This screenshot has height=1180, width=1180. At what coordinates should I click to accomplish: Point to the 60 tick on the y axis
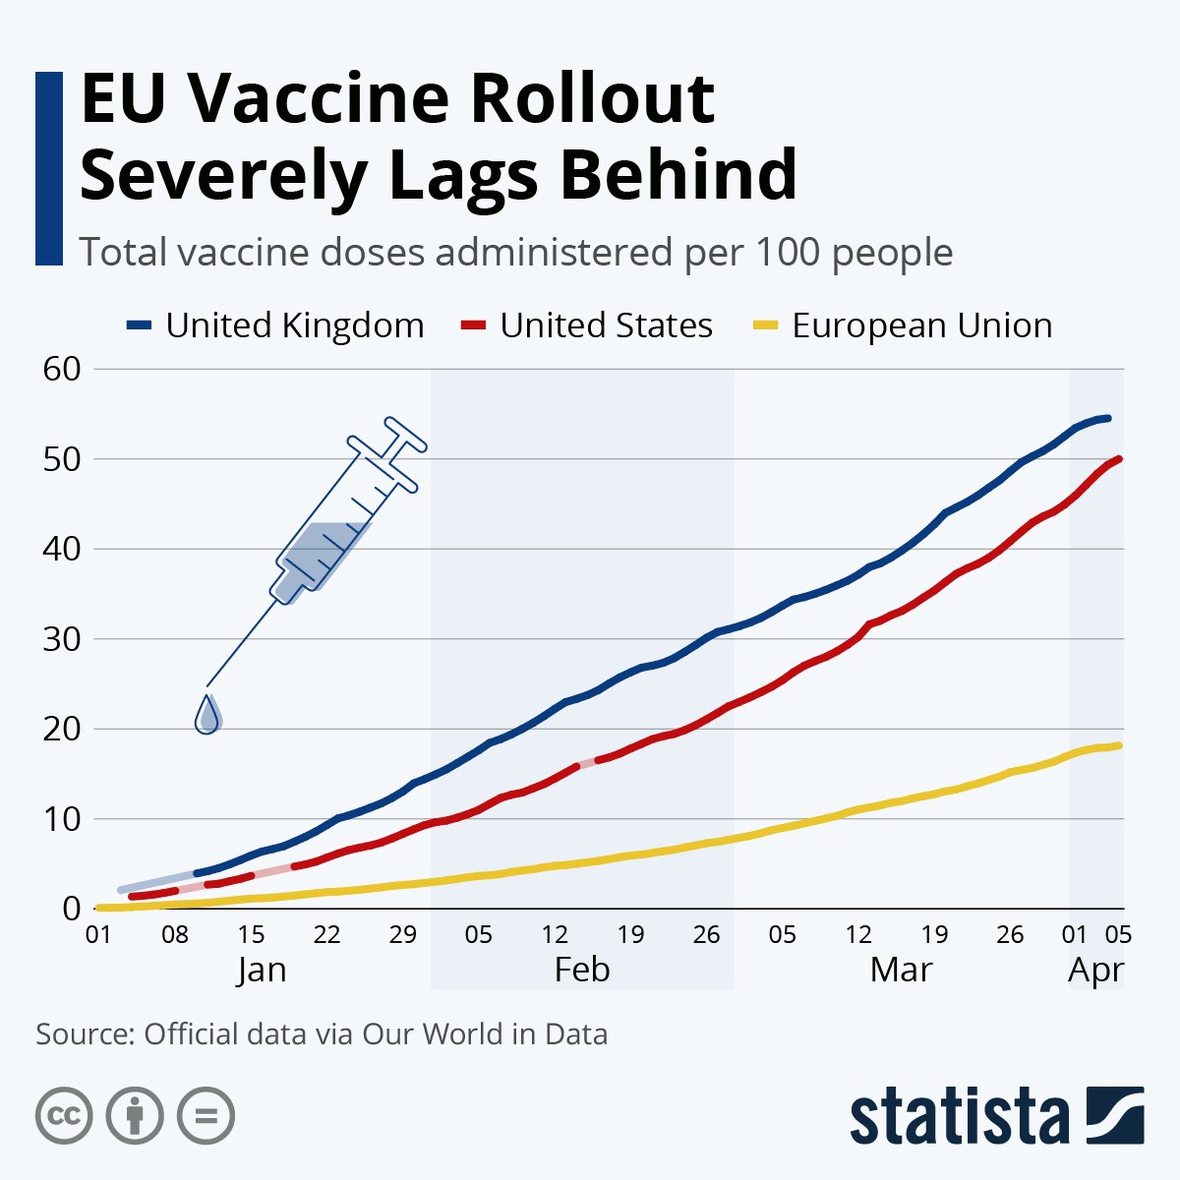coord(62,369)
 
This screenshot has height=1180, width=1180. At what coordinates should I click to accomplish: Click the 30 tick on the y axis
coord(62,639)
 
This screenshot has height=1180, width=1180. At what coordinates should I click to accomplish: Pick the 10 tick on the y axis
coord(62,819)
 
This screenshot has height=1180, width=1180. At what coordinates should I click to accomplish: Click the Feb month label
coord(582,970)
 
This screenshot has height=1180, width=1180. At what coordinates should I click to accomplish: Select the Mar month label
coord(901,970)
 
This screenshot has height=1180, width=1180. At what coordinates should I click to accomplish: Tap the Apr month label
coord(1095,970)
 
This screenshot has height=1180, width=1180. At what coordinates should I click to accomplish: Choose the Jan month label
coord(262,970)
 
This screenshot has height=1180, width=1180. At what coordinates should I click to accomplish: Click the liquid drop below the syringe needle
coord(207,715)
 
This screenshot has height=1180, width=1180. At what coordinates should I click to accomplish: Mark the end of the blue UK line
coord(1108,418)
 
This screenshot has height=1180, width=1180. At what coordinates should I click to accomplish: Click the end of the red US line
coord(1120,459)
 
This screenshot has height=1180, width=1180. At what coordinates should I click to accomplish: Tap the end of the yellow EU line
coord(1119,745)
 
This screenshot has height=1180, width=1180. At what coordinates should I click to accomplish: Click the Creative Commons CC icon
coord(64,1116)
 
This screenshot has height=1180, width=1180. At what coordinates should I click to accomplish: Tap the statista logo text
coord(959,1116)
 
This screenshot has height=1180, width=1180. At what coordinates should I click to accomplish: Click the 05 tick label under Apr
coord(1119,934)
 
